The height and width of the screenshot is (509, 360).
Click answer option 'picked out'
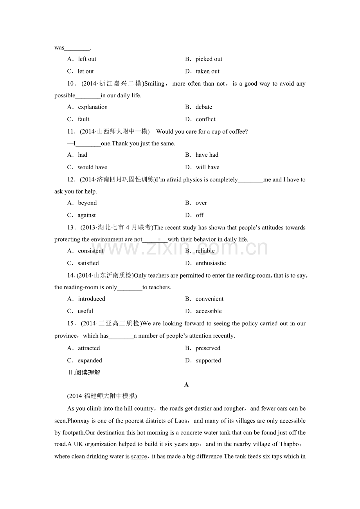[209, 59]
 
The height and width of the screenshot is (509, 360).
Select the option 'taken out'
[207, 71]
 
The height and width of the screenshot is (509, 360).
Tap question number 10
[71, 84]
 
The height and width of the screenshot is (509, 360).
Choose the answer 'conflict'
[205, 119]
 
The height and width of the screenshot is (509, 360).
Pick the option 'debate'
[203, 107]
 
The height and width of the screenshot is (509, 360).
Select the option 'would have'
[92, 167]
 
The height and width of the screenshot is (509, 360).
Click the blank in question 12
[250, 180]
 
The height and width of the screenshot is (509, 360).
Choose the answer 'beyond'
[87, 203]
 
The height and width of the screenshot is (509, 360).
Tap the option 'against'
[86, 215]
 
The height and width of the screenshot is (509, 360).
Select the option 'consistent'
[90, 251]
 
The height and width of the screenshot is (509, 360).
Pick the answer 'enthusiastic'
[211, 263]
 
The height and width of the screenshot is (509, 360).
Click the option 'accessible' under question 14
[209, 311]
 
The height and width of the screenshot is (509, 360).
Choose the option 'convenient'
[209, 299]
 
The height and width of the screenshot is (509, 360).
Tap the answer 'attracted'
[89, 348]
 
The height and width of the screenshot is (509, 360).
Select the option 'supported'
[208, 360]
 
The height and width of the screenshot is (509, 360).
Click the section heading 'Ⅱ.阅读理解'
[84, 373]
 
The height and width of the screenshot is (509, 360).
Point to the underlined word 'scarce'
[139, 456]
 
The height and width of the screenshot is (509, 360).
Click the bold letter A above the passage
[186, 385]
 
